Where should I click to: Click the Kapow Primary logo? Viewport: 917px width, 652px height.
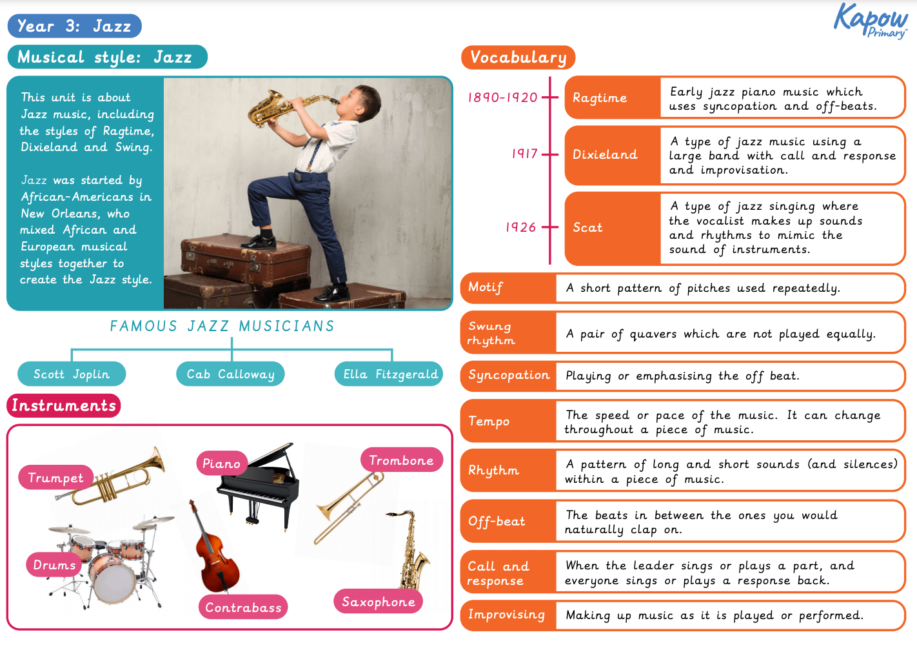click(870, 21)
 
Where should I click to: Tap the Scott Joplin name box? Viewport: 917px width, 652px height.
click(72, 374)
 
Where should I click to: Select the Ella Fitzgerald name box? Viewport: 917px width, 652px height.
click(389, 374)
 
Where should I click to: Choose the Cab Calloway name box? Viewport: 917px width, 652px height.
click(230, 374)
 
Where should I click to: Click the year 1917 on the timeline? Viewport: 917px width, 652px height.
click(524, 154)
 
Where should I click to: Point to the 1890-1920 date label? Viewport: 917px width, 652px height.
click(502, 97)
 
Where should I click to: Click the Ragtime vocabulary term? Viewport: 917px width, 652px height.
click(600, 98)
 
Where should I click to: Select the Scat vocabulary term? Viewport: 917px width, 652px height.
click(587, 228)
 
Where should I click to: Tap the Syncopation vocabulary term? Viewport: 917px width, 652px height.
click(509, 375)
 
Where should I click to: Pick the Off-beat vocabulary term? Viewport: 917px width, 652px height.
click(497, 521)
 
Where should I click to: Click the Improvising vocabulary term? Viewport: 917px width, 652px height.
click(506, 615)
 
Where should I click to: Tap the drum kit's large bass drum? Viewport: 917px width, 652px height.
click(113, 578)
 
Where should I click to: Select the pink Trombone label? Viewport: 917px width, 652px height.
click(401, 460)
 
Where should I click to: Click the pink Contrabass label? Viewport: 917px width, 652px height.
click(243, 607)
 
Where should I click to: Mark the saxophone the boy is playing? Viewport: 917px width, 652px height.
click(277, 107)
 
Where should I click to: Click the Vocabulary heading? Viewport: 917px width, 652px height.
click(518, 57)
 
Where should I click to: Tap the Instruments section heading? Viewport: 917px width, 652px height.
click(64, 405)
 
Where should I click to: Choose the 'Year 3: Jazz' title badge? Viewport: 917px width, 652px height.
click(74, 26)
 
